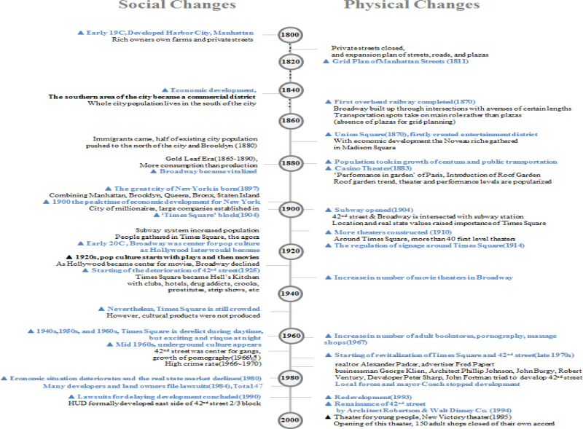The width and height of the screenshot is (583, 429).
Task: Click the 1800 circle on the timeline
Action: (289, 34)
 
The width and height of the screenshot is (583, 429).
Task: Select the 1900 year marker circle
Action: (289, 209)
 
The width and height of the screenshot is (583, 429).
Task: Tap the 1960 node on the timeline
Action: (289, 335)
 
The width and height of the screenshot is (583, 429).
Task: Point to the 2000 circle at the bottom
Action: (289, 420)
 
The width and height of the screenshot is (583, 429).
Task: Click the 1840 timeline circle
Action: (289, 90)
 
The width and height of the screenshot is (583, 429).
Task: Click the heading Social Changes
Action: (177, 6)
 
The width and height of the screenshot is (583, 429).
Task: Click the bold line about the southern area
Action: (152, 96)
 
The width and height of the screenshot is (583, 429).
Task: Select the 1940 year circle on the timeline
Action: (289, 294)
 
